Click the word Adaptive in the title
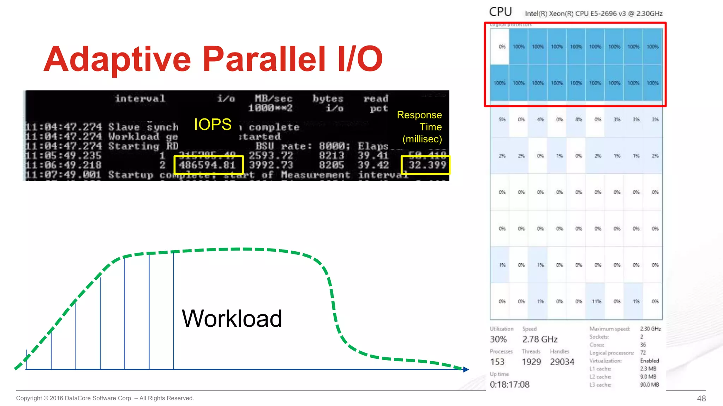117,59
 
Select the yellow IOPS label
213,124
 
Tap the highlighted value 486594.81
208,165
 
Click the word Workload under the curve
232,319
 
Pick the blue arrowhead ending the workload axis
466,369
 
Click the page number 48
701,398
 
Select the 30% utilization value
498,339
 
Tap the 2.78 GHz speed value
540,339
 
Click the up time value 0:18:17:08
509,385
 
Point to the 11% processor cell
596,301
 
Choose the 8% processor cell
579,119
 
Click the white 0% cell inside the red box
502,47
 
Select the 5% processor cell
502,119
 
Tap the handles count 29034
562,362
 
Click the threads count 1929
531,362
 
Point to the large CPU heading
500,12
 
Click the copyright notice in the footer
105,398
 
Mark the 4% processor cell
540,119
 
